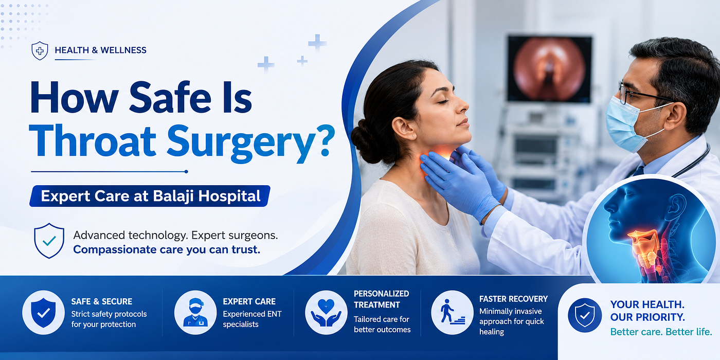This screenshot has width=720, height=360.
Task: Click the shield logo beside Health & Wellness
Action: (40, 50)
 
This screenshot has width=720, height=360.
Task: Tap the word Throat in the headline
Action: (93, 141)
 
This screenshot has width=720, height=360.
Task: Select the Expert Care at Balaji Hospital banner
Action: (150, 196)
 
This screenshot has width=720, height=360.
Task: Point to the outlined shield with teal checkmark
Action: (49, 241)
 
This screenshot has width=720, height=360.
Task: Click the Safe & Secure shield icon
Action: (43, 313)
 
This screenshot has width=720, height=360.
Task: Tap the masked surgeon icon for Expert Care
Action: (195, 313)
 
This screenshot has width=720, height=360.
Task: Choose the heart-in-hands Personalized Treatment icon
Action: (326, 313)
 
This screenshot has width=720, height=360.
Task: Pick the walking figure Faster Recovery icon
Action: (452, 313)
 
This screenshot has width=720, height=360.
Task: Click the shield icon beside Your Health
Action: (585, 315)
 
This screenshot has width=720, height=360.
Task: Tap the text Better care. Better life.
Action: (661, 332)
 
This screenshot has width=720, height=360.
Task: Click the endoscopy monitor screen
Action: (550, 69)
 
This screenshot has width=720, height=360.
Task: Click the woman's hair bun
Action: (366, 141)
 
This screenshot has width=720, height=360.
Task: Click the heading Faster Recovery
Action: (513, 299)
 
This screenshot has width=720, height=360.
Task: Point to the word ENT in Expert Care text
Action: (274, 314)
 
